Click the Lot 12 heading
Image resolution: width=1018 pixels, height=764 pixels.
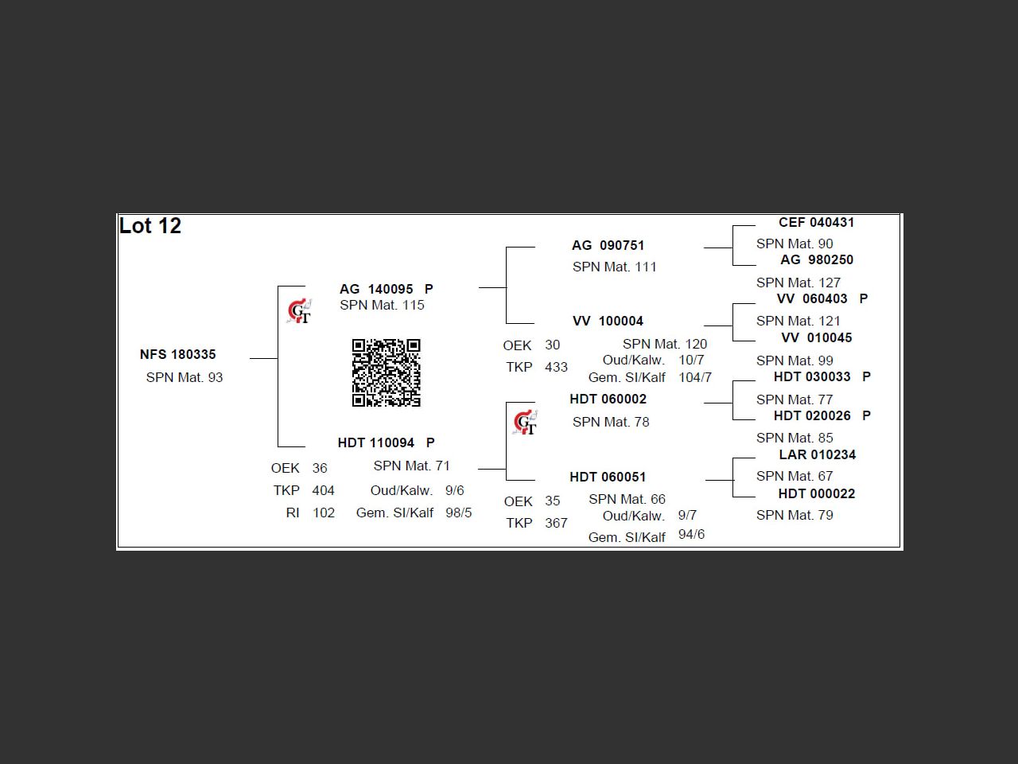pyautogui.click(x=150, y=226)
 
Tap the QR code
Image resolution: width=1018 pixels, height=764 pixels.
pyautogui.click(x=386, y=372)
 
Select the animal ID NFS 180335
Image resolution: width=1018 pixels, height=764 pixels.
pyautogui.click(x=177, y=354)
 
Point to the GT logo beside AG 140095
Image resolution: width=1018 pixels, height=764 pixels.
pyautogui.click(x=299, y=312)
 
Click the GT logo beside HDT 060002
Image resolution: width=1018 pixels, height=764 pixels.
pyautogui.click(x=525, y=423)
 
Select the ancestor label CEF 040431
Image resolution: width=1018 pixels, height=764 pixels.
pyautogui.click(x=816, y=222)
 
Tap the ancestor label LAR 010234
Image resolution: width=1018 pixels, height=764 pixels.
pyautogui.click(x=817, y=454)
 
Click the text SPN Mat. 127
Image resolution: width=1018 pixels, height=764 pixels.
pyautogui.click(x=798, y=283)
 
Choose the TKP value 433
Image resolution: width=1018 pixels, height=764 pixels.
pyautogui.click(x=556, y=367)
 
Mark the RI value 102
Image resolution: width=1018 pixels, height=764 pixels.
pyautogui.click(x=324, y=513)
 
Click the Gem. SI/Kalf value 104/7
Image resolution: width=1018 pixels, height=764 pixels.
pyautogui.click(x=695, y=377)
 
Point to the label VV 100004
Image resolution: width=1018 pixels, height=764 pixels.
pyautogui.click(x=608, y=321)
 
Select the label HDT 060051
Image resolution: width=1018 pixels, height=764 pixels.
pyautogui.click(x=608, y=477)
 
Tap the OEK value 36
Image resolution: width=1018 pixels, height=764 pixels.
pyautogui.click(x=320, y=468)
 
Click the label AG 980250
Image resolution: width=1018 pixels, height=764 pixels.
pyautogui.click(x=817, y=259)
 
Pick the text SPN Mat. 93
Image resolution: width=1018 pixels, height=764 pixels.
pyautogui.click(x=185, y=377)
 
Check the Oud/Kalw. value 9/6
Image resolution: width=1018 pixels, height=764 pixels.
pyautogui.click(x=455, y=490)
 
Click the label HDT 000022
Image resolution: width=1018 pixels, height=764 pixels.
pyautogui.click(x=816, y=493)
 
